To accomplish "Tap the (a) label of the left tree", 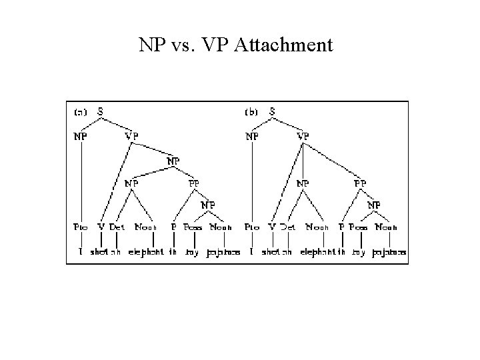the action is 79,112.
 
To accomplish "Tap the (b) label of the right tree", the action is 251,112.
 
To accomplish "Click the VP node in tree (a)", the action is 132,136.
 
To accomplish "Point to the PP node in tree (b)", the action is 360,182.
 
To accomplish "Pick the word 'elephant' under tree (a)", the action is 146,253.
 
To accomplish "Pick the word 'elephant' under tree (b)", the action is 318,253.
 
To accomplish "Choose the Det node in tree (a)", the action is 117,227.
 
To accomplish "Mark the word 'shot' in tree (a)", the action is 100,253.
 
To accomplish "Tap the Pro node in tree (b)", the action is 252,227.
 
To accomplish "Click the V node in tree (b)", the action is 272,227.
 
